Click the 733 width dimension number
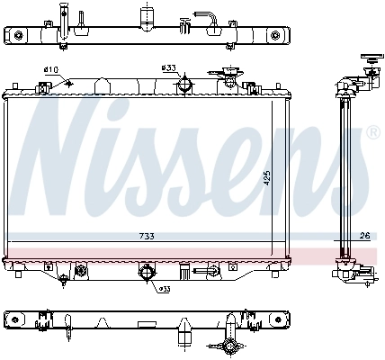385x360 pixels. pos(147,236)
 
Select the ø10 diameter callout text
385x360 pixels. pos(51,68)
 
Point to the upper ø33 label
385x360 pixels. pos(167,68)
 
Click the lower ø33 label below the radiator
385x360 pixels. pos(165,288)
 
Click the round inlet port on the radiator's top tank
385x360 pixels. pos(185,85)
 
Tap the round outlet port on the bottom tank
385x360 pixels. pos(146,272)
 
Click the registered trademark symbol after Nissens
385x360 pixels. pos(372,132)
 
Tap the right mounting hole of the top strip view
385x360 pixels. pos(274,35)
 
